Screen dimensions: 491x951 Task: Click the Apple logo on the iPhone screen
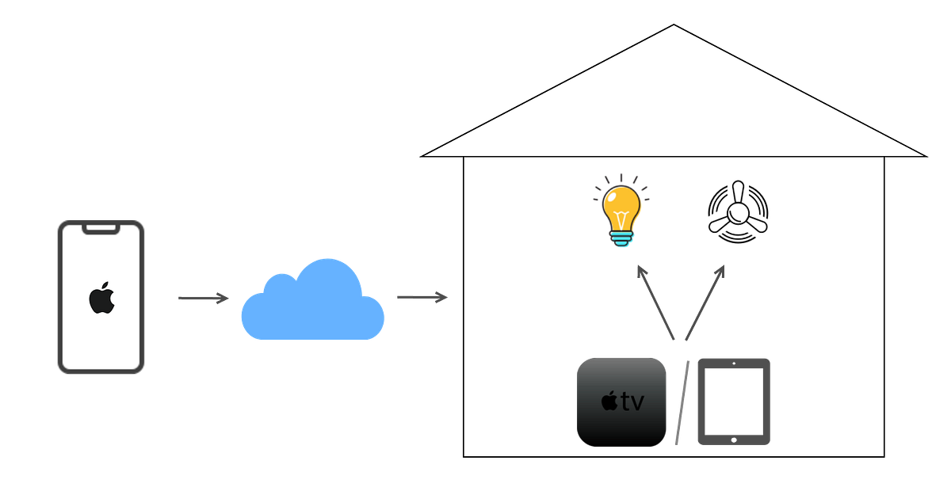[101, 299]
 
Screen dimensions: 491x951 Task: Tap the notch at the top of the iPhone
[101, 228]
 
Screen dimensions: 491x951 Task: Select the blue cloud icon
[313, 305]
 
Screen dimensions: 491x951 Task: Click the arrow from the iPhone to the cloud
[202, 298]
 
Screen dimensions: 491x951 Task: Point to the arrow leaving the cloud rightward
[422, 297]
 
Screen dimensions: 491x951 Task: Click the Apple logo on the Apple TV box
[609, 402]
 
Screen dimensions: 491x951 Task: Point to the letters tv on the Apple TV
[632, 402]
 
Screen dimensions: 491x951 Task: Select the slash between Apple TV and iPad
[682, 402]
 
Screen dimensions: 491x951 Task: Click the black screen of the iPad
[733, 400]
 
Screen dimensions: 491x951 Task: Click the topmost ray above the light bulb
[621, 178]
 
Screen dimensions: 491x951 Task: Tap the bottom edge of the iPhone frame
[101, 372]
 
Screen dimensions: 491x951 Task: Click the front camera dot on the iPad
[733, 363]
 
